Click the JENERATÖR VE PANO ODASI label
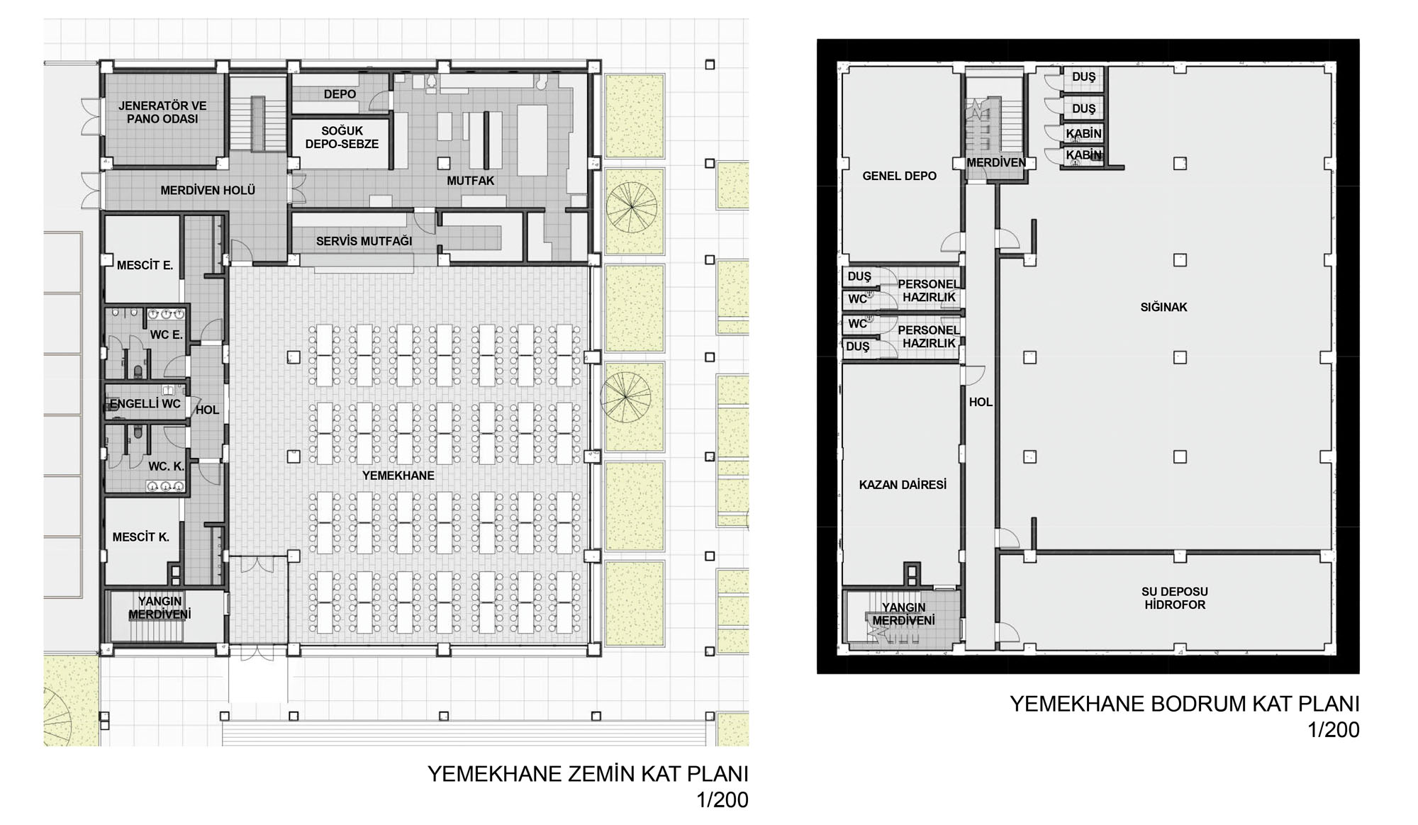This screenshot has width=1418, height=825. point(162,112)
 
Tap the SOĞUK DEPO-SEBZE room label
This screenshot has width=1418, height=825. point(342,137)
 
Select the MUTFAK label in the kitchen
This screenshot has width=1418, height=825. point(471,181)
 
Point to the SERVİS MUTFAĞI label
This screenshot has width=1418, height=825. point(364,241)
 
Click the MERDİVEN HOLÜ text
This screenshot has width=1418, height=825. point(208,190)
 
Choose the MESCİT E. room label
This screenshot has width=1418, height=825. point(145,265)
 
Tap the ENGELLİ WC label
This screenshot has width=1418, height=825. point(145,404)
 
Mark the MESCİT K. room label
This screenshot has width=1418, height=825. point(141,537)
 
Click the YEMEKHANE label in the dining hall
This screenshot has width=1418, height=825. point(398,476)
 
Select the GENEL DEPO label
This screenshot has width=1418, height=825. point(899,176)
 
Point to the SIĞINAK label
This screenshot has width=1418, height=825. point(1163,307)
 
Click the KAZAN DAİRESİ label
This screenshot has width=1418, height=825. point(903,485)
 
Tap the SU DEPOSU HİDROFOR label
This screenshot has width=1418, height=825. point(1175,598)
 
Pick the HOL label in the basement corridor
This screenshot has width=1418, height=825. point(981,402)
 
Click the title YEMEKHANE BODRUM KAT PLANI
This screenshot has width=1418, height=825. point(1185,704)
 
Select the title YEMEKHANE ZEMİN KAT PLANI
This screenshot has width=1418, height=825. point(588,773)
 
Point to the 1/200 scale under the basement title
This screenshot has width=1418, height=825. point(1334,730)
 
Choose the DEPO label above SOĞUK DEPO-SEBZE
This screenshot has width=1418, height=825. point(340,94)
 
